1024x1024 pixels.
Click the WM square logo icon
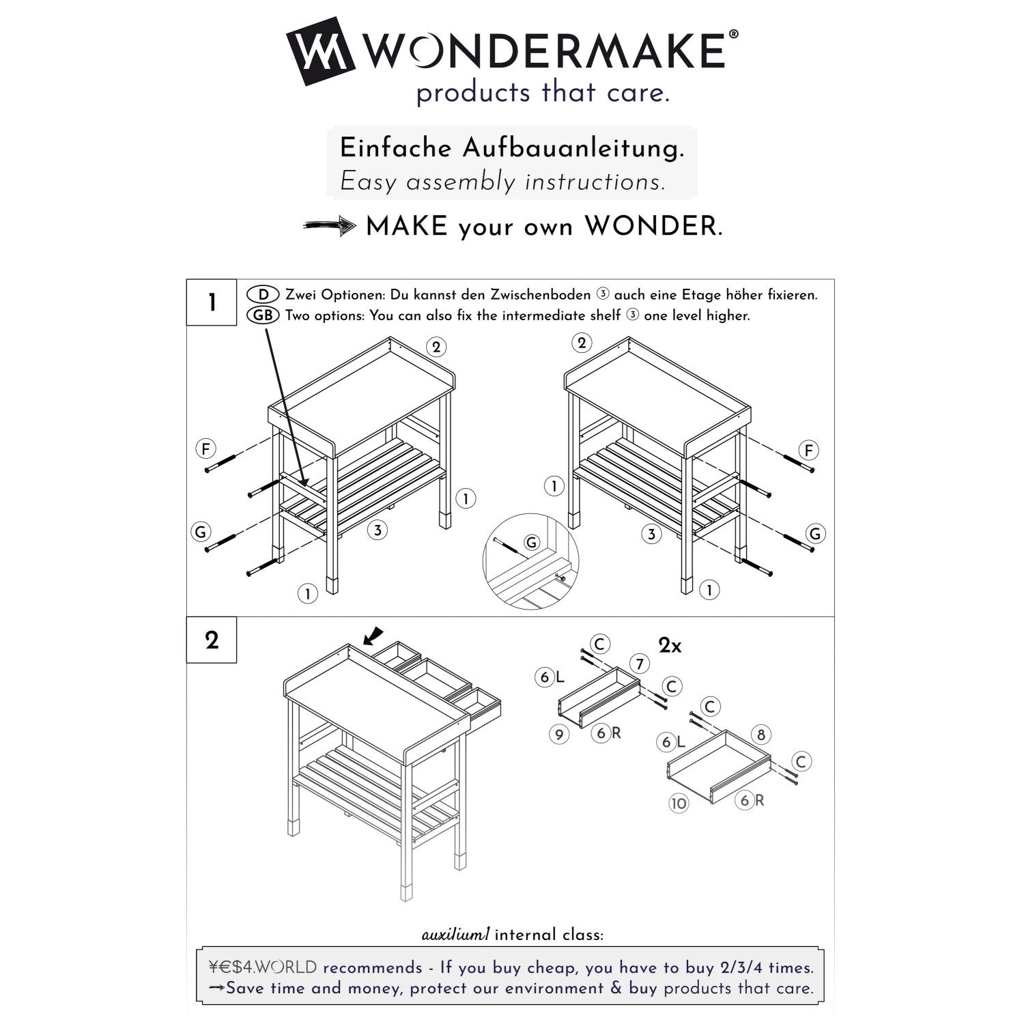click(x=320, y=51)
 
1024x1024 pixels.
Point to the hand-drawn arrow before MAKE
click(x=330, y=226)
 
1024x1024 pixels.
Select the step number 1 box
click(x=212, y=302)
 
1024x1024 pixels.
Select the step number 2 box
click(x=212, y=640)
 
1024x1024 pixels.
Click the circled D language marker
click(x=263, y=295)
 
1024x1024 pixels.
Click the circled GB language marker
click(x=263, y=315)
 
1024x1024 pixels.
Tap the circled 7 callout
click(x=639, y=664)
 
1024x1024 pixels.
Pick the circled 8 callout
click(x=761, y=735)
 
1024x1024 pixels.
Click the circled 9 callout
click(x=559, y=735)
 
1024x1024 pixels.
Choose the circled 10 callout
click(x=679, y=803)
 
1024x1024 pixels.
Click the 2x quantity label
click(x=670, y=645)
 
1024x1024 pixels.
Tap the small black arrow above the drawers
click(x=373, y=636)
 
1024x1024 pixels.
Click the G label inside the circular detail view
click(x=531, y=543)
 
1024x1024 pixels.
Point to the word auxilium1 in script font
click(x=455, y=935)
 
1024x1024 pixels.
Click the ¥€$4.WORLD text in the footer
click(x=263, y=967)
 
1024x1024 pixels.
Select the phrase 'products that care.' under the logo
click(x=543, y=93)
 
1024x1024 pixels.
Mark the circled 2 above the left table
click(x=436, y=347)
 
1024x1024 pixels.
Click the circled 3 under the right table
click(x=651, y=534)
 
